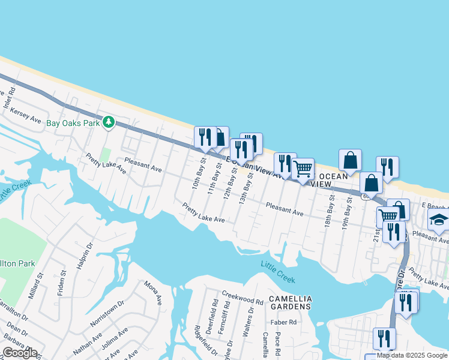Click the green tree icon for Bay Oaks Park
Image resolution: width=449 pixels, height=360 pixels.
click(x=108, y=122)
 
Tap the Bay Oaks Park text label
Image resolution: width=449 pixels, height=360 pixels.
click(x=73, y=124)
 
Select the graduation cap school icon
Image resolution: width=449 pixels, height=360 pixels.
click(x=438, y=220)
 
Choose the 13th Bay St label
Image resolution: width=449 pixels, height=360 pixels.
click(x=244, y=190)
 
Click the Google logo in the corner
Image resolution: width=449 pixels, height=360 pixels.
click(x=20, y=352)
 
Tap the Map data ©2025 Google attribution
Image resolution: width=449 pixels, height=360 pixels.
click(x=411, y=355)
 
